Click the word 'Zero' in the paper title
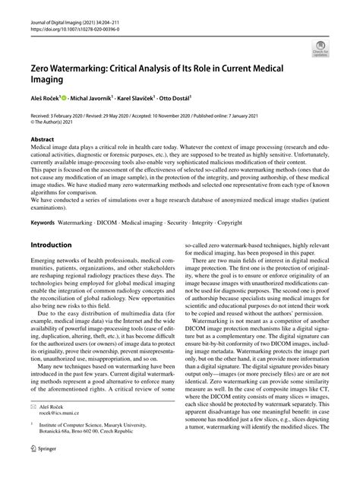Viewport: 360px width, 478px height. tap(44, 69)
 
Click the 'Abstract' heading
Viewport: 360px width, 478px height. tap(42, 140)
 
